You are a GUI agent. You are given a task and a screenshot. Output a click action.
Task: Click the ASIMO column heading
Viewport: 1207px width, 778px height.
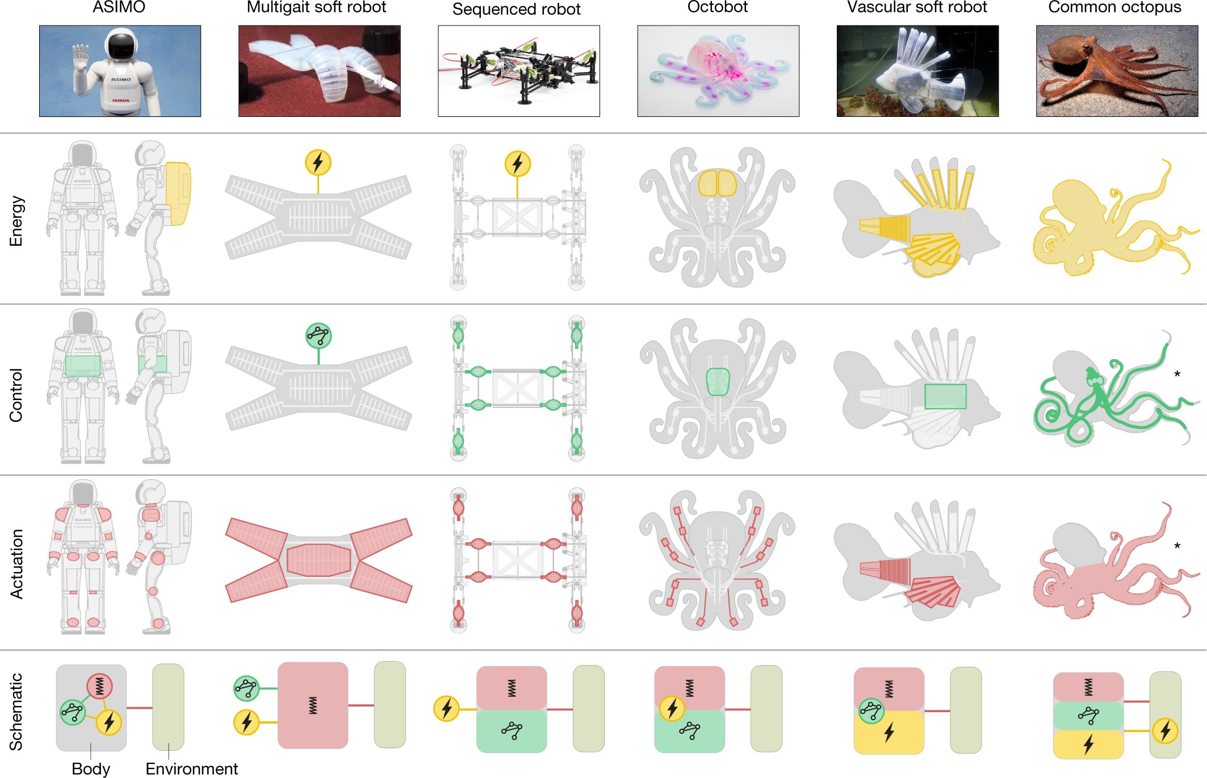[x=119, y=7]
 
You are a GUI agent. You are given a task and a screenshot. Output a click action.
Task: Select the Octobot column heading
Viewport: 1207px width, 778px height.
[x=718, y=7]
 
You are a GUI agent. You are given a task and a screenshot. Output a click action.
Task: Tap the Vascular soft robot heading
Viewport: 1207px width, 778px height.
[x=917, y=7]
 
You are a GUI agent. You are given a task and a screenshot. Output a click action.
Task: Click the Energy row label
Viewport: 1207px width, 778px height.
[x=16, y=221]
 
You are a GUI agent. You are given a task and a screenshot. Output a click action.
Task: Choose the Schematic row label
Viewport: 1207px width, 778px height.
[x=16, y=712]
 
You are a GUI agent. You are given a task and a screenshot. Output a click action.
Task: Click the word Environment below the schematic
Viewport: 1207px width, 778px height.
[x=192, y=768]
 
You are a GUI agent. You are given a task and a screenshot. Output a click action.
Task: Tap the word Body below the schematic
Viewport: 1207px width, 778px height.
[x=91, y=768]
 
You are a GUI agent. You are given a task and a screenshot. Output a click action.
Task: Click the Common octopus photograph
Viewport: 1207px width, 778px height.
[x=1117, y=71]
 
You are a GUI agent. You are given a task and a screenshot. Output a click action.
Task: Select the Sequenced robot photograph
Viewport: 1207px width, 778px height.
[x=518, y=71]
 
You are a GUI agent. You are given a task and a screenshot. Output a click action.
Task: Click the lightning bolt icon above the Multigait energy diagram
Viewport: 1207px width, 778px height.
[x=318, y=162]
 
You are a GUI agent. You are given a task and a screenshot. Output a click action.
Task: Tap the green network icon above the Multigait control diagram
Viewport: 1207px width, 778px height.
[x=318, y=335]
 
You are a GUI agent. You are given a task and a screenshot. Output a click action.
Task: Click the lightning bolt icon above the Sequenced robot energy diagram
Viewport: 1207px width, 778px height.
[x=517, y=163]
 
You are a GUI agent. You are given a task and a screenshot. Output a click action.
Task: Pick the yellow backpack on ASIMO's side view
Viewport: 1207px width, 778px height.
[x=178, y=193]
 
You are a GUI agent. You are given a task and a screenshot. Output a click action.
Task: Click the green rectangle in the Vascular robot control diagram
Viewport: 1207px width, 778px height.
[x=945, y=397]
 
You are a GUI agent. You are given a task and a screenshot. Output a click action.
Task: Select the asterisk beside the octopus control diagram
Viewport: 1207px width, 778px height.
[x=1177, y=374]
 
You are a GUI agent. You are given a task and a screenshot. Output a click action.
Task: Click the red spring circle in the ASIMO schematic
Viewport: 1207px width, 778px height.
[x=99, y=687]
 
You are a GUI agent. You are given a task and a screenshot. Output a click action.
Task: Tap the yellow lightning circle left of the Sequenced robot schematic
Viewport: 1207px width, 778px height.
[x=446, y=709]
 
